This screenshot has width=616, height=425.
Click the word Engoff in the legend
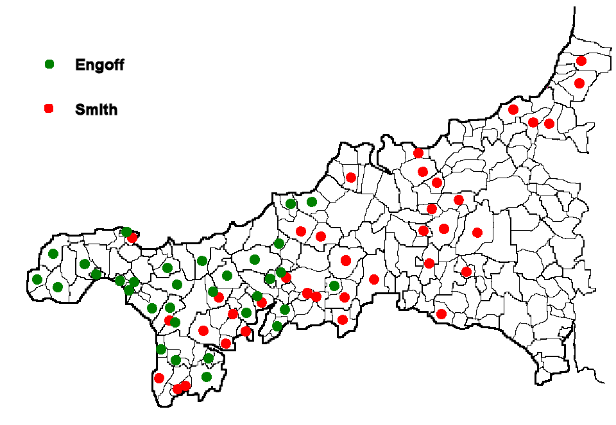pyautogui.click(x=99, y=65)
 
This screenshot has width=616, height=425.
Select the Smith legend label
pyautogui.click(x=96, y=110)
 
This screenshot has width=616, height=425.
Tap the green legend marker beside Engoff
pyautogui.click(x=49, y=64)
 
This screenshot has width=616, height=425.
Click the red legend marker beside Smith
pyautogui.click(x=49, y=109)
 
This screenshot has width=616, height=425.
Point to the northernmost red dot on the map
pyautogui.click(x=581, y=61)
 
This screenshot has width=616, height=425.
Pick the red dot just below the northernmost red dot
pyautogui.click(x=579, y=83)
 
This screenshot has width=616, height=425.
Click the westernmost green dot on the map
pyautogui.click(x=37, y=279)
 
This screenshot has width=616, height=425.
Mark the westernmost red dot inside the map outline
pyautogui.click(x=132, y=238)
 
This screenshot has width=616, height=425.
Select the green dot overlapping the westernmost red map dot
pyautogui.click(x=126, y=232)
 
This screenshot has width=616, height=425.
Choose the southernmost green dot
pyautogui.click(x=207, y=376)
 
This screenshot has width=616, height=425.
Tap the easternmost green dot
pyautogui.click(x=334, y=285)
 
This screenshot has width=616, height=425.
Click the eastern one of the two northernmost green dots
pyautogui.click(x=312, y=202)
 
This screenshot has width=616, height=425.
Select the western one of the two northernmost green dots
pyautogui.click(x=291, y=204)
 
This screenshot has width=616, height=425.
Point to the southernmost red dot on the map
pyautogui.click(x=178, y=389)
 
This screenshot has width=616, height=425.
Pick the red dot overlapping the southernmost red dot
pyautogui.click(x=185, y=385)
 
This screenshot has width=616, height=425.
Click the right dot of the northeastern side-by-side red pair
pyautogui.click(x=549, y=124)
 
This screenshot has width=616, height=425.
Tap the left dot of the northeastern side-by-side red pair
pyautogui.click(x=533, y=122)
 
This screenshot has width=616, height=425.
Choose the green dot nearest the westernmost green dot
pyautogui.click(x=58, y=287)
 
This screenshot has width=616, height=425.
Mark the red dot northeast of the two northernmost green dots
pyautogui.click(x=351, y=178)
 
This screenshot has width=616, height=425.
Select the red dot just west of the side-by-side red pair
pyautogui.click(x=513, y=110)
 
